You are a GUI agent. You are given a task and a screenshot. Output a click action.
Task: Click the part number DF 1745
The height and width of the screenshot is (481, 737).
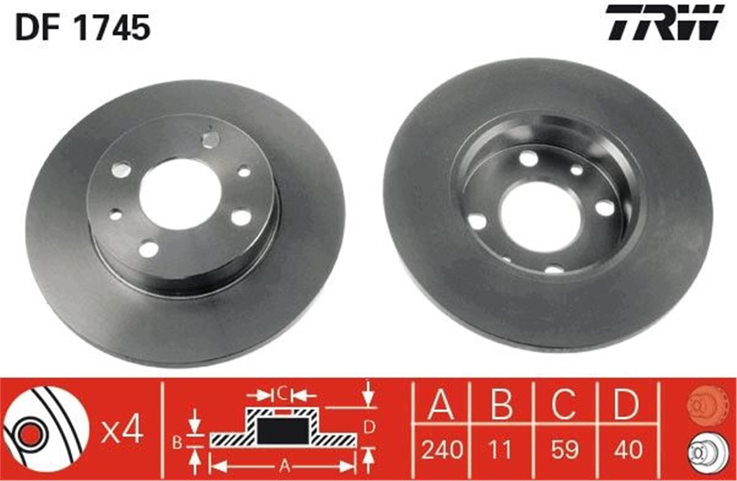click(83, 28)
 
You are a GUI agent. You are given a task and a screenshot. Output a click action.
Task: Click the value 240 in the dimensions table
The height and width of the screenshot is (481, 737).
click(441, 451)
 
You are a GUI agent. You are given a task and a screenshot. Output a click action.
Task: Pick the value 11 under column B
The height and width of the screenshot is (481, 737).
click(502, 451)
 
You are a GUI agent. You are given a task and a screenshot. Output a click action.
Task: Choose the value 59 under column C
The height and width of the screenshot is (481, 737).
click(564, 451)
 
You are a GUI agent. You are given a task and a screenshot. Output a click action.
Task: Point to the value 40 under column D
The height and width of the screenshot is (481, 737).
click(627, 451)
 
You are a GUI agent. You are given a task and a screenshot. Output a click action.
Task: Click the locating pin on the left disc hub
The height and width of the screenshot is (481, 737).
click(210, 140)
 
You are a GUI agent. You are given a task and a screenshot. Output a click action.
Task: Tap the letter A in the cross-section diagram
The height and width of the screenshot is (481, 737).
click(284, 464)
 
